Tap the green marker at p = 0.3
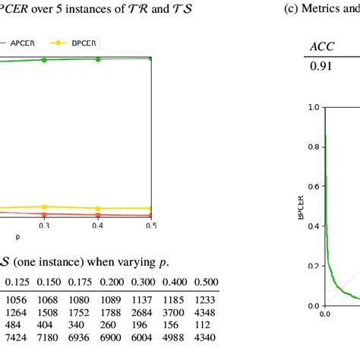pos(44,59)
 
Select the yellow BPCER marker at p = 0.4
pos(98,208)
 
